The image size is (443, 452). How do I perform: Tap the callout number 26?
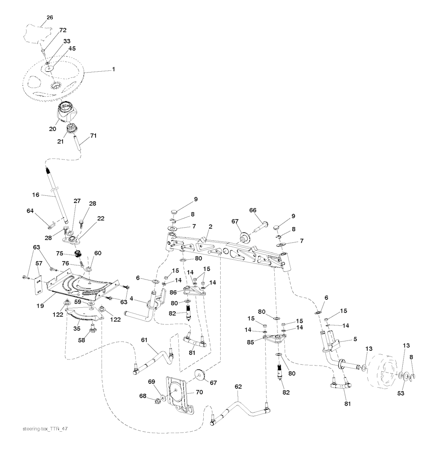(50, 18)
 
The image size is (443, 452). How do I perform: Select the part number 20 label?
(52, 129)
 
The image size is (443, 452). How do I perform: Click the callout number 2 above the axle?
(210, 226)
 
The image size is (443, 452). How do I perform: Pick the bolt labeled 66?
(260, 226)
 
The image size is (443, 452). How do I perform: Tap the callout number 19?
(40, 306)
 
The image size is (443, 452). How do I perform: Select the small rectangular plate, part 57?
(38, 285)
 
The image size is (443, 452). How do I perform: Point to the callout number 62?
(238, 387)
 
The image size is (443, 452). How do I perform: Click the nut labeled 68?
(157, 401)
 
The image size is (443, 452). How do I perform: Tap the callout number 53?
(401, 393)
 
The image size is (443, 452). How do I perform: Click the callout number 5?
(355, 339)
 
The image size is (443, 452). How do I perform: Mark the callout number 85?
(250, 342)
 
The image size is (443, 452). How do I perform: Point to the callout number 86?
(173, 293)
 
